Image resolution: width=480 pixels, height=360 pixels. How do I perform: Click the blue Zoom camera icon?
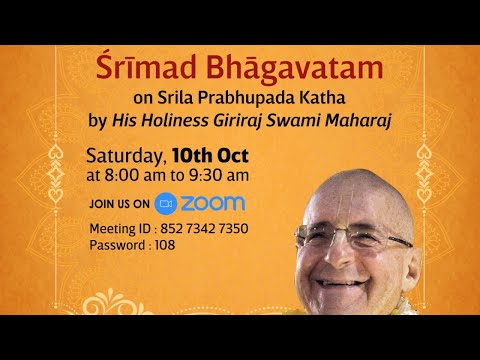pos(166,202)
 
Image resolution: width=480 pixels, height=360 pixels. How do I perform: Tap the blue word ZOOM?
pos(213,202)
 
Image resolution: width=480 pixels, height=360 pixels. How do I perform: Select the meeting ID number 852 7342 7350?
pos(204,229)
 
